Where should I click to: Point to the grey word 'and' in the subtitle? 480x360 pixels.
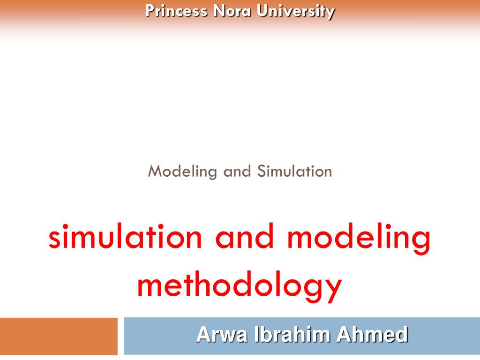[x=238, y=172]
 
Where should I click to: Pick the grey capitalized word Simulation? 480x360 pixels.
[x=294, y=172]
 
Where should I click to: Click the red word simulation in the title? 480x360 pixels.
[x=126, y=238]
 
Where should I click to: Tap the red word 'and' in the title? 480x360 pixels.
[x=244, y=238]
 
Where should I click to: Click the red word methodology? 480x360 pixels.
[x=240, y=286]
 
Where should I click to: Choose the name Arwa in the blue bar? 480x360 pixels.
[x=222, y=335]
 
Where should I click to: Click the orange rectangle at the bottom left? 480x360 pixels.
[x=59, y=336]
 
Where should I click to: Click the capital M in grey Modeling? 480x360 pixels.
[x=154, y=172]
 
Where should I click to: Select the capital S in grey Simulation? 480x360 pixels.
[x=261, y=172]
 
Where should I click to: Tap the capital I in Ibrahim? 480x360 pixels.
[x=257, y=335]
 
